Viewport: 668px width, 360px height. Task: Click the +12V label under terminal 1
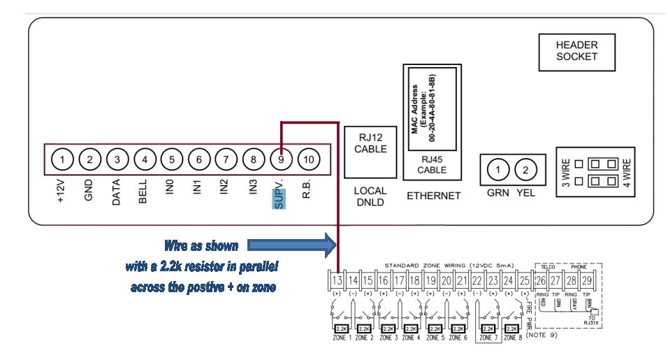[x=62, y=190]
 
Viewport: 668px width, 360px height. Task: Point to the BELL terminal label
[x=143, y=190]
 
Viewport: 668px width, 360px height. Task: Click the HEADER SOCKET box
[x=576, y=51]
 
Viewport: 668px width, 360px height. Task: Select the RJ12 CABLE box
[x=370, y=143]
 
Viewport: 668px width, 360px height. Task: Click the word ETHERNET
[x=433, y=196]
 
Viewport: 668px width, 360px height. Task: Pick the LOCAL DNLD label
[x=370, y=196]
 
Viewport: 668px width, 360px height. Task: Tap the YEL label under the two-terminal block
[x=525, y=193]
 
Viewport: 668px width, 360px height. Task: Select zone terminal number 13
[x=337, y=280]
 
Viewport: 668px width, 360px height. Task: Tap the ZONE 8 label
[x=511, y=338]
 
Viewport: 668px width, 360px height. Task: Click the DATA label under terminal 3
[x=117, y=190]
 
